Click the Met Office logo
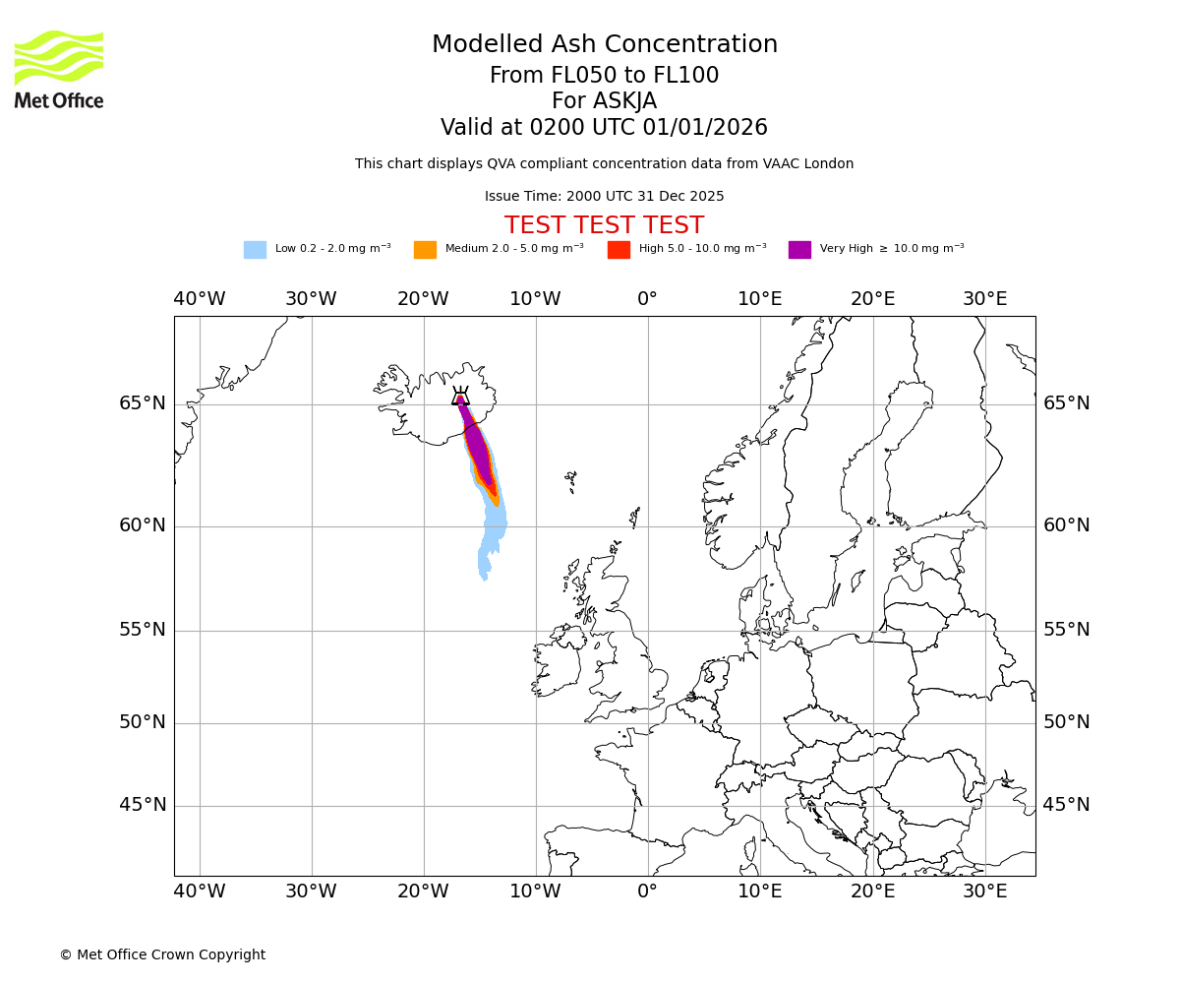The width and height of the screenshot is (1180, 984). coord(59,70)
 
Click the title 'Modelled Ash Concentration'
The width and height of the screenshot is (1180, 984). coord(604,45)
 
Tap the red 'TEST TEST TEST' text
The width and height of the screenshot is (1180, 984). coord(604,226)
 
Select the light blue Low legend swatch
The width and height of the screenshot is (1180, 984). coord(255,250)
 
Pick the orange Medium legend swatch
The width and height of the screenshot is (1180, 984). coord(425,250)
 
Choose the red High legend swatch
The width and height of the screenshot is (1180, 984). coord(619,250)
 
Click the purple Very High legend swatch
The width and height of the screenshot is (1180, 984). coord(799,250)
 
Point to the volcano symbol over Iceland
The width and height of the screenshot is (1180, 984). coord(460,397)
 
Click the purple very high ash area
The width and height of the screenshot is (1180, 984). coord(477,448)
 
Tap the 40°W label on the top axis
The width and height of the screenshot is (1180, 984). coord(200,299)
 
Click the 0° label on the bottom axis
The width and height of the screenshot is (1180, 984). coord(647,892)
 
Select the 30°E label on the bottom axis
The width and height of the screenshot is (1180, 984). coord(984,892)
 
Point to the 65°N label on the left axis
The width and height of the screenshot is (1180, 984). coord(143,403)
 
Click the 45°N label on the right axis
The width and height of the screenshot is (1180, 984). coord(1067,805)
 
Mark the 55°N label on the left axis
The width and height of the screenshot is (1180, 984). coord(143,630)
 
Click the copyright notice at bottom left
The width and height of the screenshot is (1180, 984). coord(162,955)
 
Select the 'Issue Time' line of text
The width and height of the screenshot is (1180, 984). coord(604,197)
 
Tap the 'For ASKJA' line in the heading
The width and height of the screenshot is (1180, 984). coord(604,101)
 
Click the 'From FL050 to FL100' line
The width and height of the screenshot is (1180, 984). coord(604,76)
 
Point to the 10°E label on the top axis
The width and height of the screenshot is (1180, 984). coord(760,299)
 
